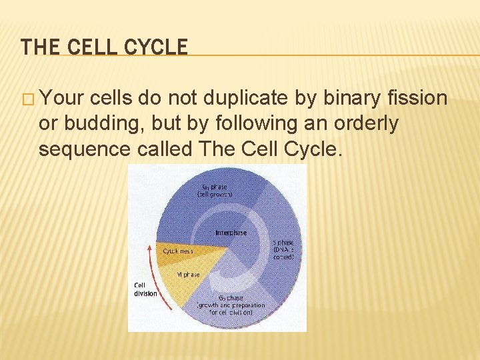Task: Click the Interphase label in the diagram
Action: [231, 233]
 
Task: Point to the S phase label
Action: [283, 249]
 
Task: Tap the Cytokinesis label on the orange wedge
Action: [178, 251]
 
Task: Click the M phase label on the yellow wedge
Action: [188, 275]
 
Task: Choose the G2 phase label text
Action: [231, 305]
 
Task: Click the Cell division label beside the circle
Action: [145, 289]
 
